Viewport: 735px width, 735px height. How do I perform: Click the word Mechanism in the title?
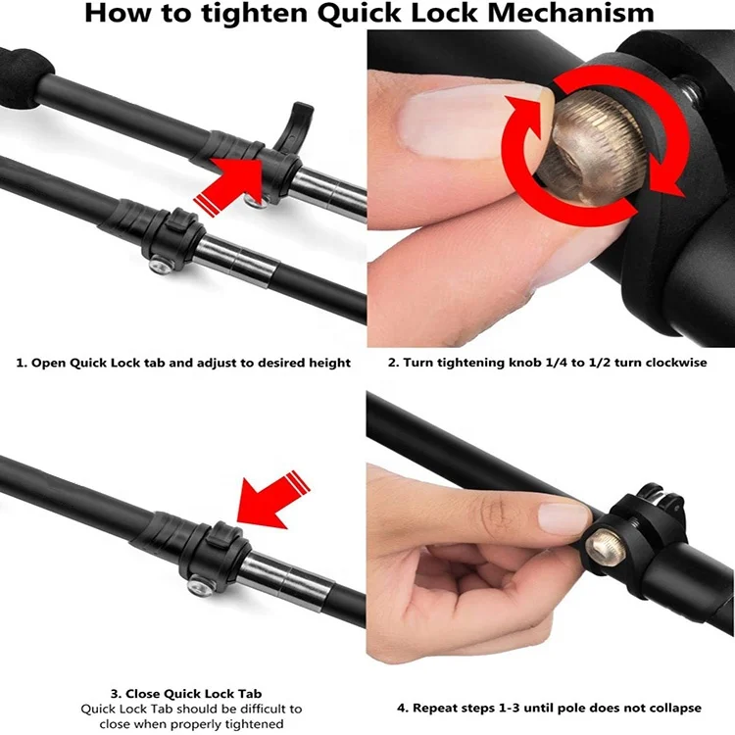click(567, 14)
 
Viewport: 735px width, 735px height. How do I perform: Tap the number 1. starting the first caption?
click(22, 363)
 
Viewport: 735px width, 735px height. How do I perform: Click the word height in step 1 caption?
click(330, 363)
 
